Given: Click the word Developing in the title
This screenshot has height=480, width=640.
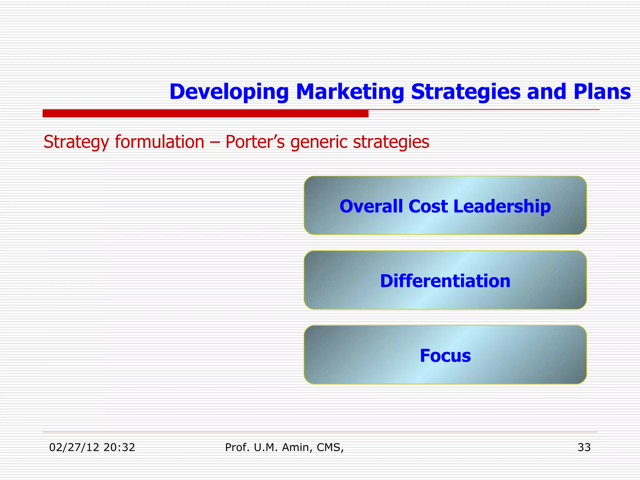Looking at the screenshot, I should click(x=229, y=92).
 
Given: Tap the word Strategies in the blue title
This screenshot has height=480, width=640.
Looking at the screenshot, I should click(x=466, y=92).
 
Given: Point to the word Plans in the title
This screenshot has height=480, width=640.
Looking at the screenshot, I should click(x=602, y=92).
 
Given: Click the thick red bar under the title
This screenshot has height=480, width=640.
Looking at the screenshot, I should click(x=205, y=113).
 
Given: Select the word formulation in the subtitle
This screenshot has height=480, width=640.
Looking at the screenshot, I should click(x=159, y=142).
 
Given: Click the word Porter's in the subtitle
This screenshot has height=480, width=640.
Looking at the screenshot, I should click(x=255, y=142).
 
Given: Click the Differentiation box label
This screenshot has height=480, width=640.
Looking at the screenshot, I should click(x=445, y=281).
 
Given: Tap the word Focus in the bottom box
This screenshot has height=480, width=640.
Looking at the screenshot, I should click(x=445, y=356).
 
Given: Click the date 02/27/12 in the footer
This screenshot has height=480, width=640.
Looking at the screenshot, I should click(x=74, y=447).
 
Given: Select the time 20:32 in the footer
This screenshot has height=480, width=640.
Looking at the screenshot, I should click(x=119, y=447).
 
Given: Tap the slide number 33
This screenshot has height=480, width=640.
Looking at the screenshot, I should click(x=584, y=447).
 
